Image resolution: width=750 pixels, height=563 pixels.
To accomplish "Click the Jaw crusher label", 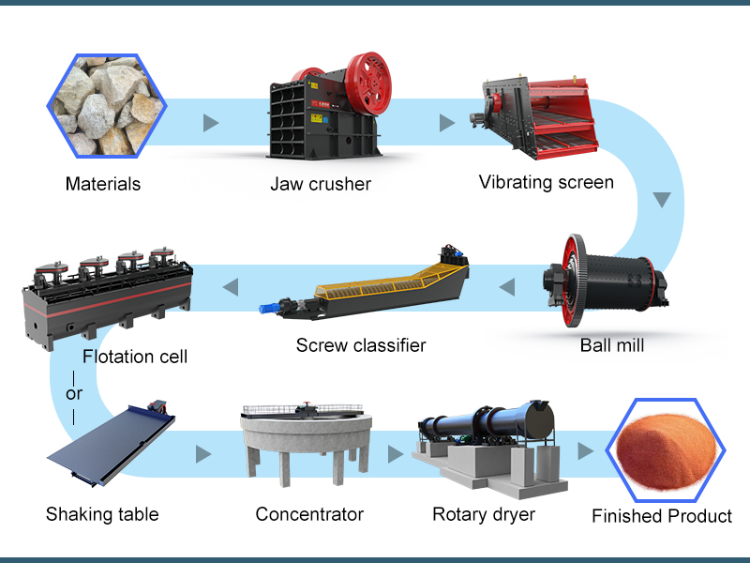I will (321, 184).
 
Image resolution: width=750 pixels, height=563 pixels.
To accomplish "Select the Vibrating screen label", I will (546, 181).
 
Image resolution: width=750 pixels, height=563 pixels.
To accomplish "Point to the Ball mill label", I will (611, 344).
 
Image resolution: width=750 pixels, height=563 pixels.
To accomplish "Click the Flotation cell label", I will (135, 356).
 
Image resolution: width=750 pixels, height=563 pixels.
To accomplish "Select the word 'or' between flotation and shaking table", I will (74, 393).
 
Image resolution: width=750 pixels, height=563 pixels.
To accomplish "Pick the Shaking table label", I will (102, 513).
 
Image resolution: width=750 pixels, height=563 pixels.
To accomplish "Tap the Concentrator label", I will (309, 513).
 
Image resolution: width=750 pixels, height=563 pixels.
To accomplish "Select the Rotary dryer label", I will (484, 513).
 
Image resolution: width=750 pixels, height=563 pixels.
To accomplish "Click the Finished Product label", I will (662, 516).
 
